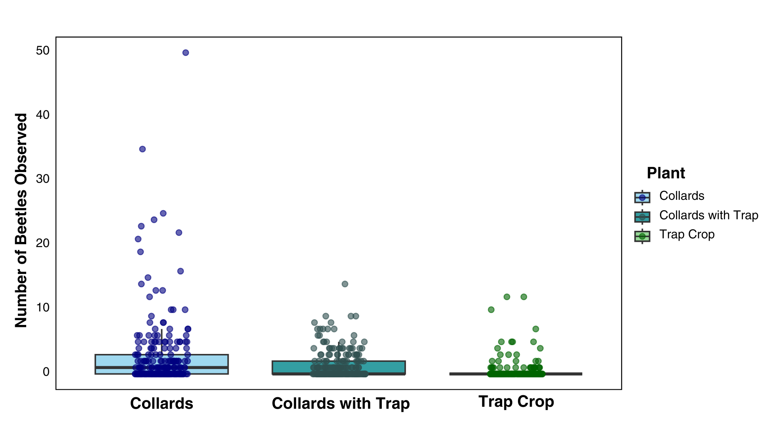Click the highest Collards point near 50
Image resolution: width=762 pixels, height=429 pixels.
(x=185, y=53)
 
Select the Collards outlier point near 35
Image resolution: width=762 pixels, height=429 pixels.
(x=142, y=149)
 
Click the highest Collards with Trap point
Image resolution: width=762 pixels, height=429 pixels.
(x=345, y=284)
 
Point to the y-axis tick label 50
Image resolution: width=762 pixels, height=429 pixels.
(x=42, y=50)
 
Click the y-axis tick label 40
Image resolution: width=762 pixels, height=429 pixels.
(x=42, y=115)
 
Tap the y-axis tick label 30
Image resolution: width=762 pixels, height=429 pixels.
(x=42, y=179)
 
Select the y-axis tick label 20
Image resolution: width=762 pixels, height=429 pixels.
(x=42, y=243)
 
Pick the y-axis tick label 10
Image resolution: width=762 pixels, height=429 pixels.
(x=42, y=307)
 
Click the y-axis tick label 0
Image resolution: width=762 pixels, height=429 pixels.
(x=46, y=372)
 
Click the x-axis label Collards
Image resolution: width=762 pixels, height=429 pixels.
(x=162, y=404)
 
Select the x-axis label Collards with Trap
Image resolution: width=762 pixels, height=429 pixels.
(x=341, y=404)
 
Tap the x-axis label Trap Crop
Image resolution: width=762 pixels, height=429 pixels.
(x=516, y=402)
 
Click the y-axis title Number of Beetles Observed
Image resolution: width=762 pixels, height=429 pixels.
(x=21, y=220)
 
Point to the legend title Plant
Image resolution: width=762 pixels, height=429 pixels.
(x=666, y=173)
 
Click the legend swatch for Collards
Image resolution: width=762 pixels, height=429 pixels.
(x=642, y=197)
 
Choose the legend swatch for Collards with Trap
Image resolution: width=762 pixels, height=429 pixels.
(x=642, y=216)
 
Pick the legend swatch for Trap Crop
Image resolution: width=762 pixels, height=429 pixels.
(x=642, y=236)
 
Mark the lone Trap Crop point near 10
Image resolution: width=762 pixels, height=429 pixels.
(x=491, y=310)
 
